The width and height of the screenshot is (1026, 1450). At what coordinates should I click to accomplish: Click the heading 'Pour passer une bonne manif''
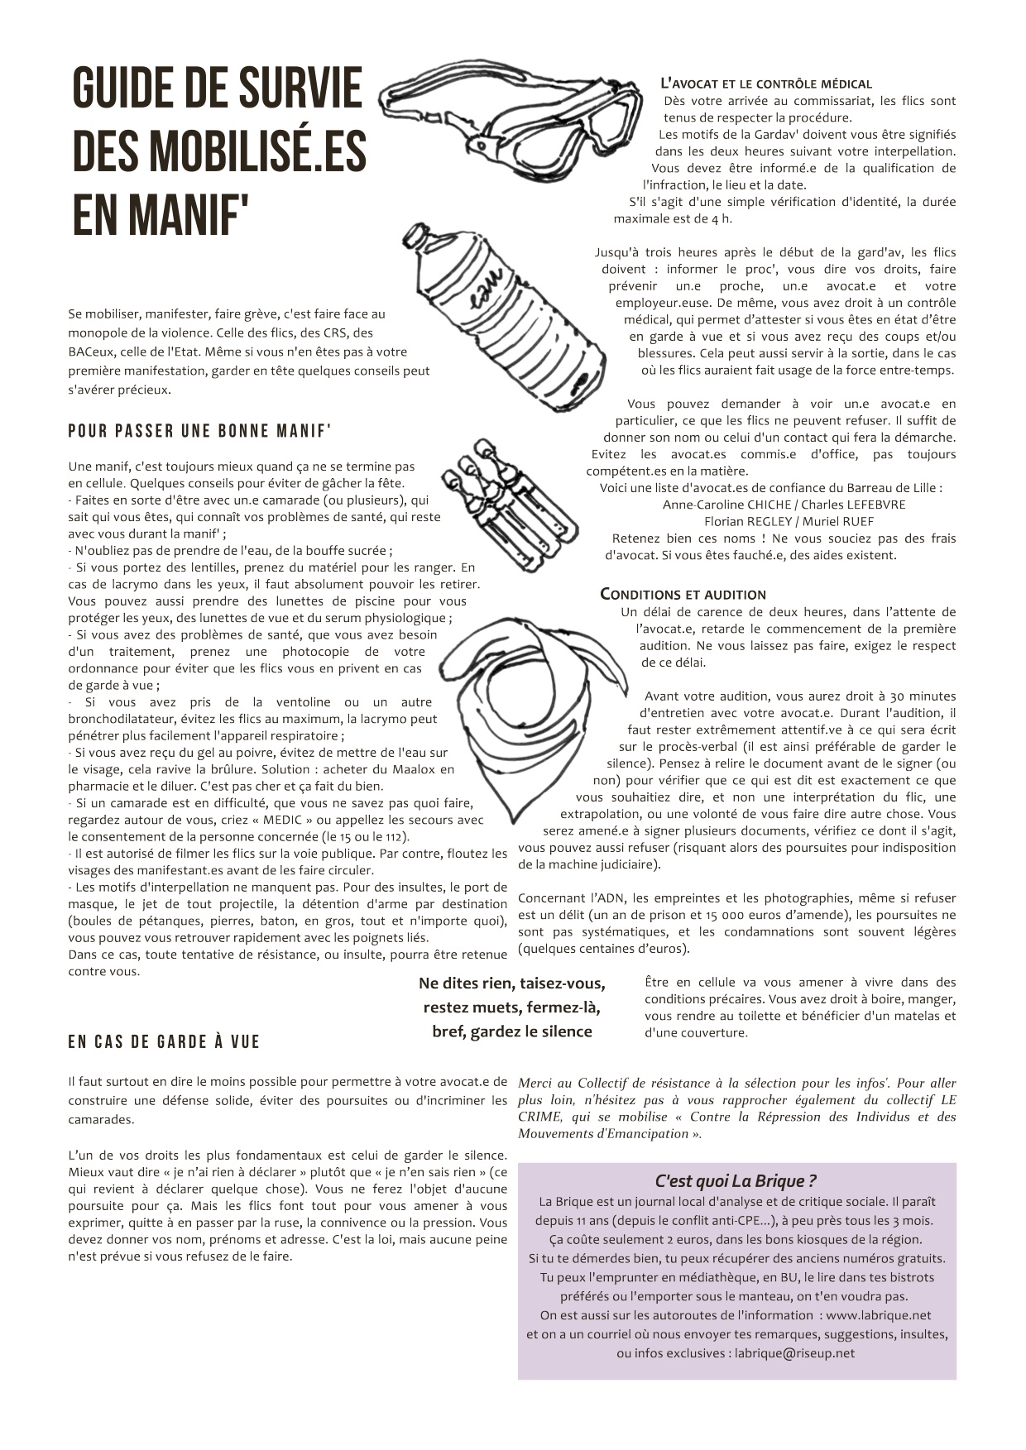point(199,431)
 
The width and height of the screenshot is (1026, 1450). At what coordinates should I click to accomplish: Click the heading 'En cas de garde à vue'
point(164,1042)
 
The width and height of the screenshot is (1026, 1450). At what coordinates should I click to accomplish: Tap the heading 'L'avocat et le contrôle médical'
point(766,84)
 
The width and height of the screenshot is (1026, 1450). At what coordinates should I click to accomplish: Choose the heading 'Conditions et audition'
point(683,595)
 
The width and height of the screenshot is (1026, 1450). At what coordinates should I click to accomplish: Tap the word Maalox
point(402,769)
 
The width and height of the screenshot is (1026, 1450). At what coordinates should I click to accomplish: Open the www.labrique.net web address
point(878,1315)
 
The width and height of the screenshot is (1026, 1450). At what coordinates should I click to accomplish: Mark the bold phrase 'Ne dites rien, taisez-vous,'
point(511,983)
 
